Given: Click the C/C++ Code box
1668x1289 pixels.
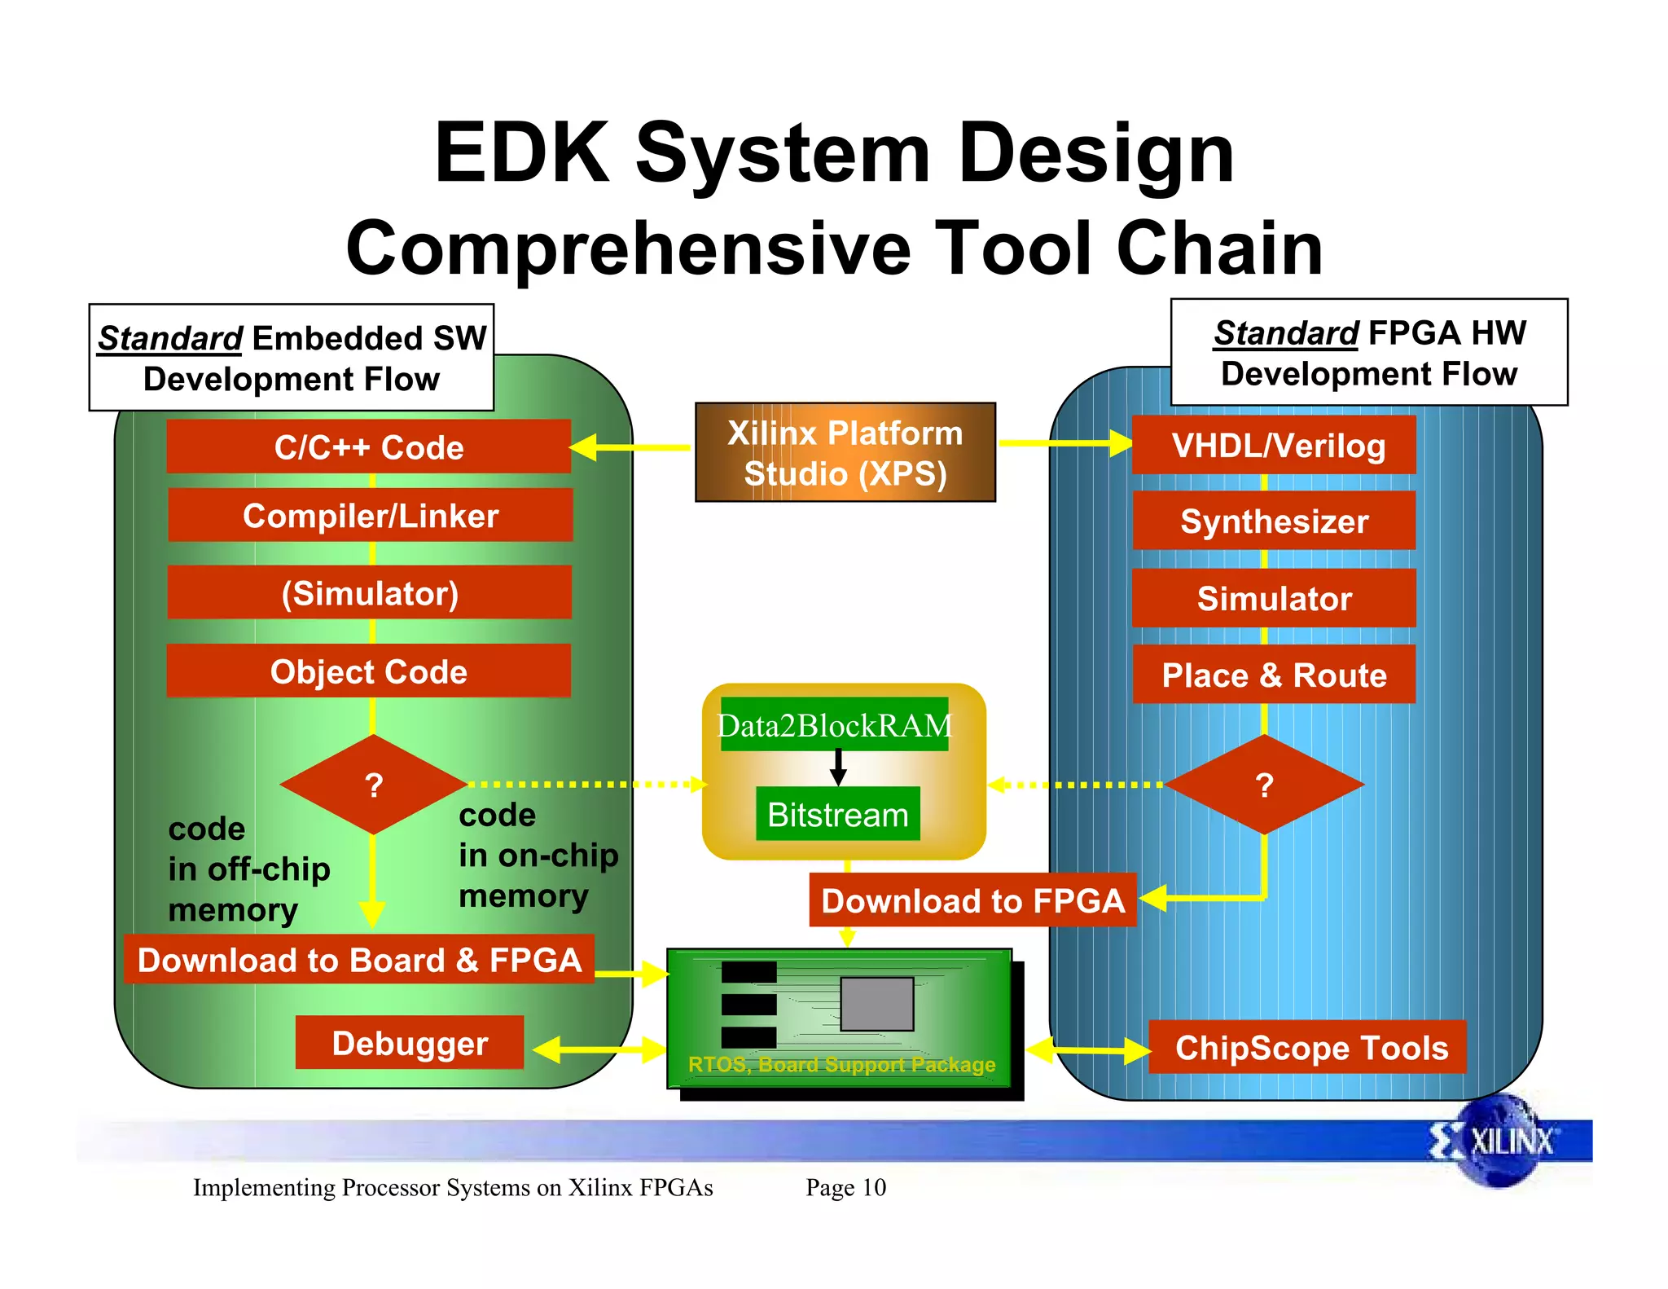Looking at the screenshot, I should pos(368,447).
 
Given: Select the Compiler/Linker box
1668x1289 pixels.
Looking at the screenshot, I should pos(370,515).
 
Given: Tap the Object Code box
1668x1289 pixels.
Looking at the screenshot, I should pos(368,671).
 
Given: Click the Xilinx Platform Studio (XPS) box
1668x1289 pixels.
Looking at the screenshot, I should pos(845,452).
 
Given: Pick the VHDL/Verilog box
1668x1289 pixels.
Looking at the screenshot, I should pos(1274,445).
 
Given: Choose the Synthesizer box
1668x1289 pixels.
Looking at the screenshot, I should pos(1274,521).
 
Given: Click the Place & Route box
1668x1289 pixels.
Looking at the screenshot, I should pos(1274,675).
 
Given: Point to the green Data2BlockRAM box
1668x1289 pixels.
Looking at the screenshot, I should pos(834,724).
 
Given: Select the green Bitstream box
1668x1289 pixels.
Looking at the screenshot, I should pos(837,814).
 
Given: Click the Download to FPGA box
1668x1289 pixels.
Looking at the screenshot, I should pos(972,900).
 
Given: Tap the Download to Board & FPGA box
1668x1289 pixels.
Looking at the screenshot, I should pos(359,960).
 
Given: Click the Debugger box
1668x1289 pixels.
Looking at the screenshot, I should pos(410,1043).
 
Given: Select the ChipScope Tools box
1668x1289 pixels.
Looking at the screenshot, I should pos(1310,1047).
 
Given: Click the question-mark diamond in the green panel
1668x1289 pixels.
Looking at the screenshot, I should pos(373,784).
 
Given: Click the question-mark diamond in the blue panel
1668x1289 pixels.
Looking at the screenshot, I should pos(1264,784).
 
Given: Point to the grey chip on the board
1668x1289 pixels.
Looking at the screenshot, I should pos(876,1004).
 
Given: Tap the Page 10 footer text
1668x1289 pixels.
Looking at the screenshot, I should pos(845,1187).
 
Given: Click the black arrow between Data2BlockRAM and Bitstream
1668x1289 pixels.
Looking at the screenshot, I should pos(838,766).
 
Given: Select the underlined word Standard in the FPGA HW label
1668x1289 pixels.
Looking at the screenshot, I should pos(1285,332).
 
